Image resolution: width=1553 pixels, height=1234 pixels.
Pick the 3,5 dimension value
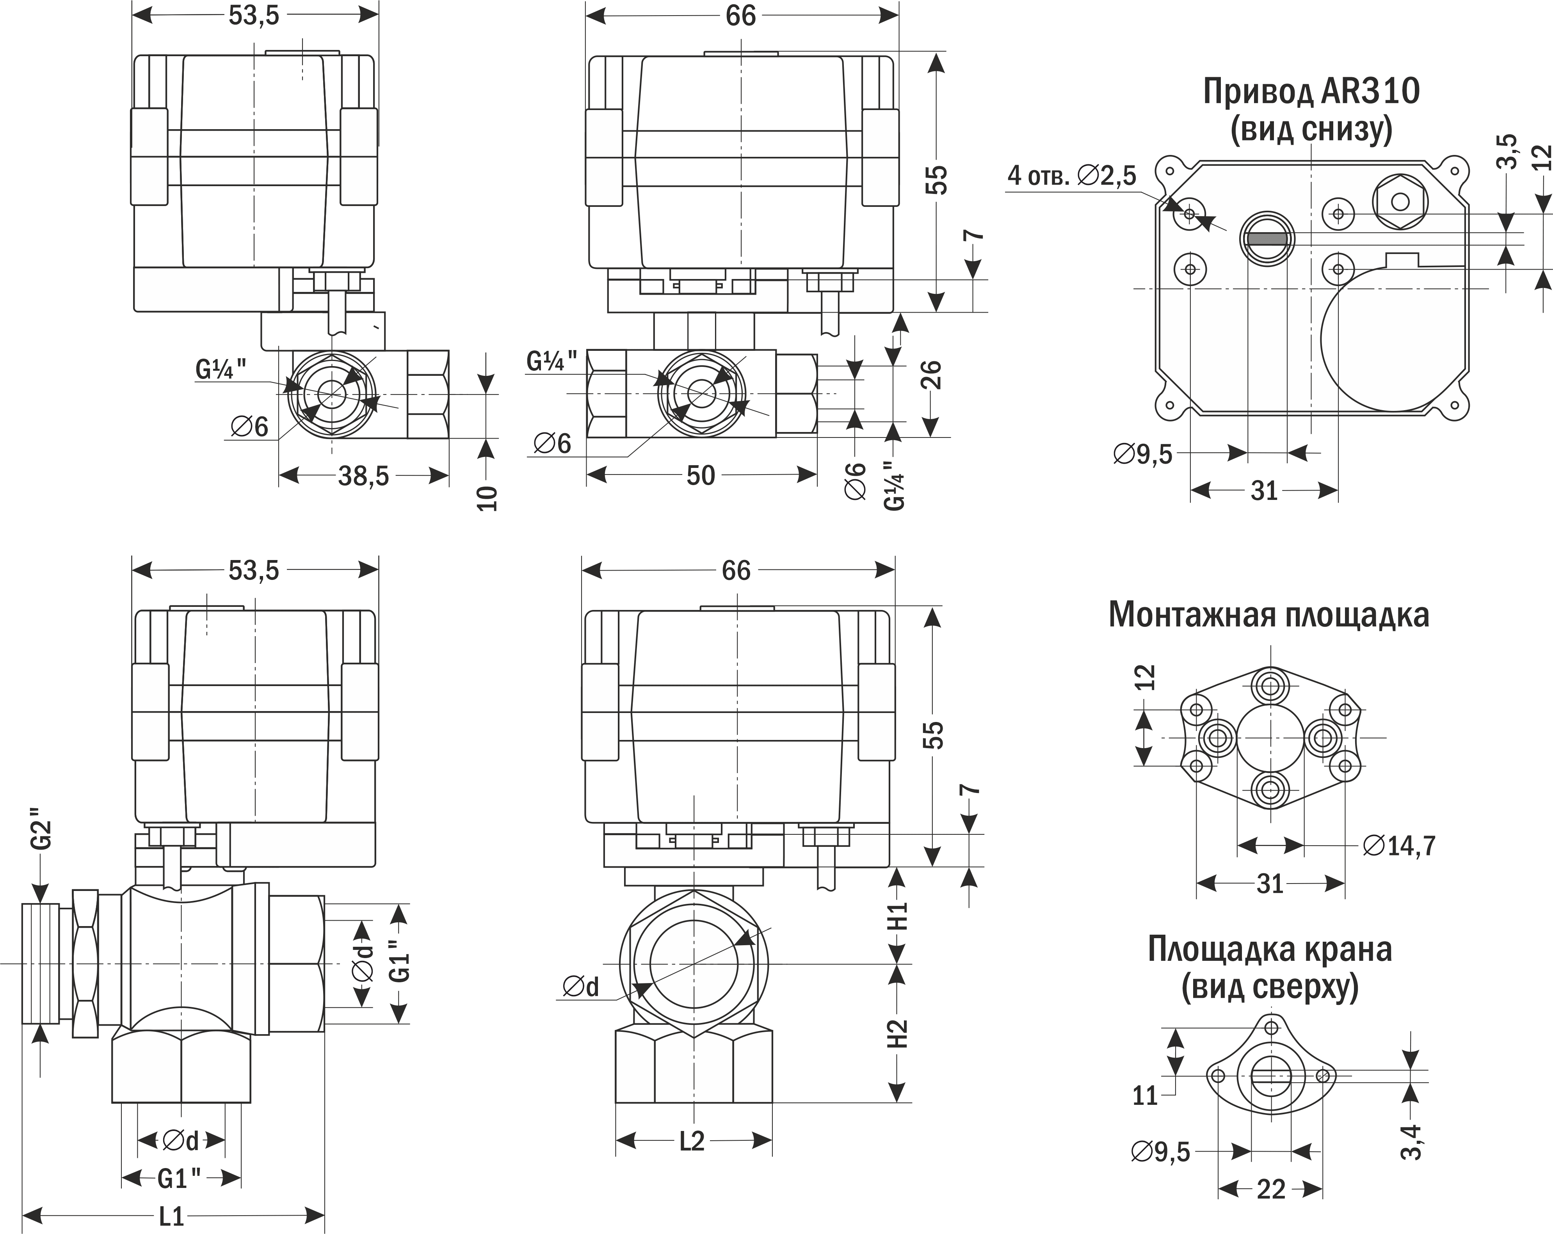1506,151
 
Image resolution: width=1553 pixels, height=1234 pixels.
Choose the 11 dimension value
1145,1096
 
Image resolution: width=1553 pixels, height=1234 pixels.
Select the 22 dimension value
1271,1190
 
